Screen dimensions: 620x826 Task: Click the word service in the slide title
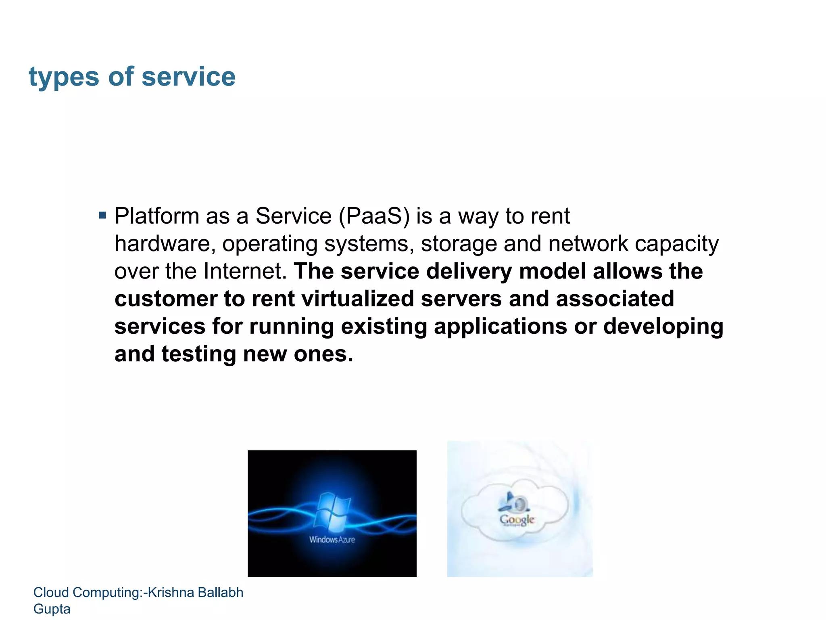(188, 76)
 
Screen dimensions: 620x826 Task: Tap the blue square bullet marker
(102, 215)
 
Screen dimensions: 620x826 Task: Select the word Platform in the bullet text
(157, 216)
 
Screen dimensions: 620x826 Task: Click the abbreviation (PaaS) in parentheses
(374, 216)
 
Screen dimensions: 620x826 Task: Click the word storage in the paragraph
(459, 244)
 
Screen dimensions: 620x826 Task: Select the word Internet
(245, 271)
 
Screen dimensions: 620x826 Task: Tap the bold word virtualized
(358, 299)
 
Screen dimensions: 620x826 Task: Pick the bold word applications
(500, 326)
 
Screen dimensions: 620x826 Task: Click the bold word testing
(198, 354)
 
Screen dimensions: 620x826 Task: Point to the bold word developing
(663, 327)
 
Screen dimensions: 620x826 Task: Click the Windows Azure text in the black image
(332, 539)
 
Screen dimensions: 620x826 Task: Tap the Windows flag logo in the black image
(332, 511)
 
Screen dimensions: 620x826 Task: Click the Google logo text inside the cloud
(517, 519)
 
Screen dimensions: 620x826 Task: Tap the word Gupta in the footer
(52, 609)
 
